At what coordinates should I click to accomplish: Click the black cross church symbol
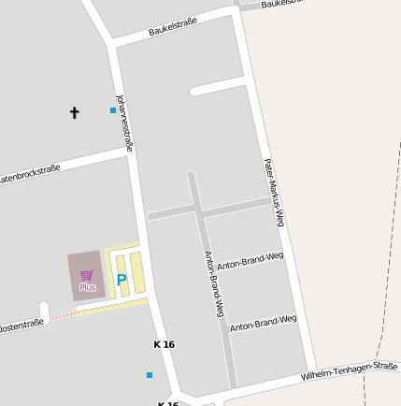[x=75, y=113]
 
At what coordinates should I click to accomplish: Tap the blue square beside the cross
[x=113, y=110]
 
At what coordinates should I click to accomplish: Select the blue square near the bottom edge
[x=150, y=375]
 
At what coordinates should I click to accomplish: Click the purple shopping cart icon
[x=87, y=275]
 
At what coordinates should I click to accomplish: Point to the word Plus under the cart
[x=87, y=287]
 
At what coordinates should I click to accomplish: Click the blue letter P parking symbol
[x=121, y=279]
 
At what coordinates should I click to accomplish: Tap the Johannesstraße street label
[x=124, y=122]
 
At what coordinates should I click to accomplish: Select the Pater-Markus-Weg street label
[x=273, y=193]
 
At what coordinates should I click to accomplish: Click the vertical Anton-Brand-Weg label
[x=214, y=283]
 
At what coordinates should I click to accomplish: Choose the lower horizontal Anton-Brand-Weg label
[x=263, y=323]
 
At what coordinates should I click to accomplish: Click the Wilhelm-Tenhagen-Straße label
[x=349, y=370]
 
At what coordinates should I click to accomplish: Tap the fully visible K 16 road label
[x=164, y=344]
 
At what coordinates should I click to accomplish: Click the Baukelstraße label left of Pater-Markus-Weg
[x=173, y=26]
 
